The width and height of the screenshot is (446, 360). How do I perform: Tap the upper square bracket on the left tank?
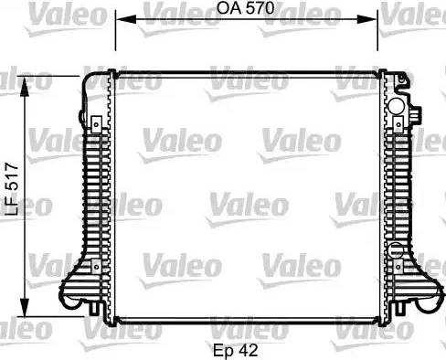pyautogui.click(x=95, y=121)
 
